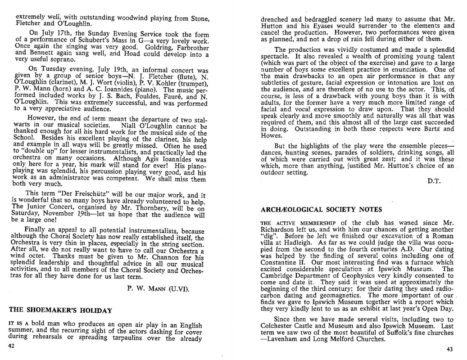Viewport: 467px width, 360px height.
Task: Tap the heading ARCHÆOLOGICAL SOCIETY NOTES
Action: point(321,210)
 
